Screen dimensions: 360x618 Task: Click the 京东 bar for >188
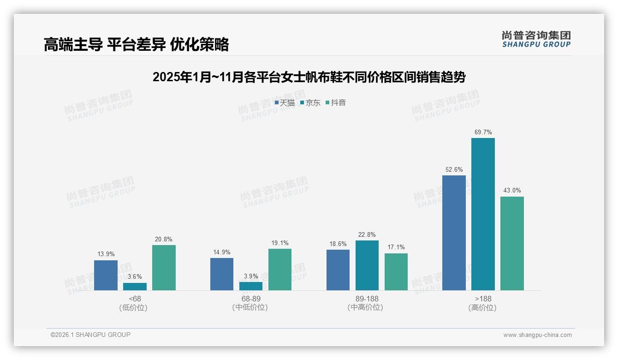coord(483,214)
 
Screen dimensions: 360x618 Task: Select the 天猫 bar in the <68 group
coord(106,275)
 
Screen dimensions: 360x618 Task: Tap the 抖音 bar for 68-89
coord(280,270)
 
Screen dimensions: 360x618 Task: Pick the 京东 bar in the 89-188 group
coord(367,265)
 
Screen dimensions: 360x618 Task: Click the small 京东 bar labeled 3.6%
coord(135,287)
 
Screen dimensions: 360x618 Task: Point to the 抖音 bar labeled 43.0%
coord(512,243)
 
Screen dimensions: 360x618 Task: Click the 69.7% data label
coord(483,132)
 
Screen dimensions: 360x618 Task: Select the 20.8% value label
coord(164,239)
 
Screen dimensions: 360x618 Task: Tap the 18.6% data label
coord(338,244)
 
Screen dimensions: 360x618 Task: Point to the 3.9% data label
coord(251,276)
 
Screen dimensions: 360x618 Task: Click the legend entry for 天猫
coord(285,103)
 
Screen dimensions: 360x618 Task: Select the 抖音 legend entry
coord(336,103)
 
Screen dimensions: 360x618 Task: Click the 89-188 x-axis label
coord(367,299)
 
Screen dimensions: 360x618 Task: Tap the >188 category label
coord(483,299)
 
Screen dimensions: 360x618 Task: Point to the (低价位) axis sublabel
coord(135,308)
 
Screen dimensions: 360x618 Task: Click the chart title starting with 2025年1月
coord(309,77)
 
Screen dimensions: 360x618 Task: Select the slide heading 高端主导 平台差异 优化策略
coord(136,45)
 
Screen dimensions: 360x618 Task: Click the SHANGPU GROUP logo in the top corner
coord(536,39)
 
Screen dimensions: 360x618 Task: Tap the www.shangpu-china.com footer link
coord(537,335)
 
